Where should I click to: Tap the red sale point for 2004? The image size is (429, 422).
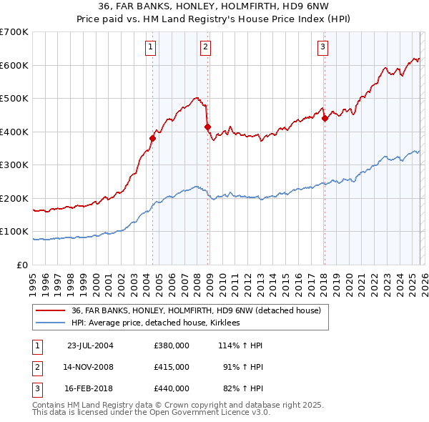(153, 138)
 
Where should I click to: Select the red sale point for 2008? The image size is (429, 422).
(208, 127)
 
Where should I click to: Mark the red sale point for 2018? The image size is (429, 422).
(325, 119)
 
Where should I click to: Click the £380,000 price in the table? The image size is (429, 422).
(171, 345)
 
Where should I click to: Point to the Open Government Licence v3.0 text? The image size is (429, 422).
(207, 412)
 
